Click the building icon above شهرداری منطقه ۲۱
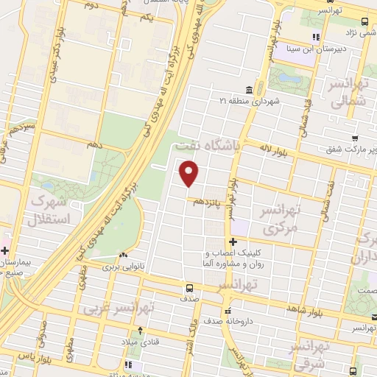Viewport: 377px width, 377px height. click(249, 90)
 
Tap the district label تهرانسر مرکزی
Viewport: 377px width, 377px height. click(280, 219)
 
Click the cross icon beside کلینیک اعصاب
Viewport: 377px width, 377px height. click(233, 242)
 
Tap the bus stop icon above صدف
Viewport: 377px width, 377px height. click(190, 288)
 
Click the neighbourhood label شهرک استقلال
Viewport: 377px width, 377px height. click(51, 210)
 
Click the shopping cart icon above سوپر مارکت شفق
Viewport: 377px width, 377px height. click(356, 138)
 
